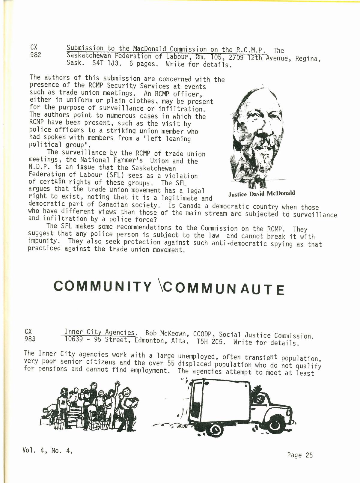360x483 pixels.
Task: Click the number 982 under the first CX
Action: [x=36, y=55]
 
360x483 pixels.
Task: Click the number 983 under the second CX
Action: [x=30, y=339]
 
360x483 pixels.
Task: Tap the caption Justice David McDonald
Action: [x=261, y=193]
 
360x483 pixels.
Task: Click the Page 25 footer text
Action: [x=300, y=455]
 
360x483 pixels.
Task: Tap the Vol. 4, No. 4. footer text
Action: [x=47, y=450]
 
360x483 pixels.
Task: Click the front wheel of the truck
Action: [x=275, y=424]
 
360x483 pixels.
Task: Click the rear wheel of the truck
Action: [x=215, y=430]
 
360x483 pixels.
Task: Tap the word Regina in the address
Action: [x=308, y=58]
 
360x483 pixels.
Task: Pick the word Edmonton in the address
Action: [x=150, y=341]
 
